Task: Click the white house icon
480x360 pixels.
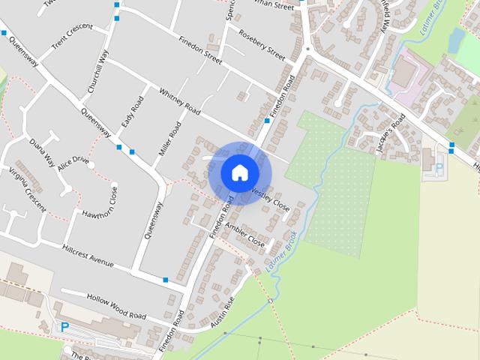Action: (x=239, y=172)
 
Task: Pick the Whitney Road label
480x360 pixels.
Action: (x=180, y=102)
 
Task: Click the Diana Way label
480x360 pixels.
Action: (x=42, y=150)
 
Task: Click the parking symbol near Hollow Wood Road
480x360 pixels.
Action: (x=65, y=327)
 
